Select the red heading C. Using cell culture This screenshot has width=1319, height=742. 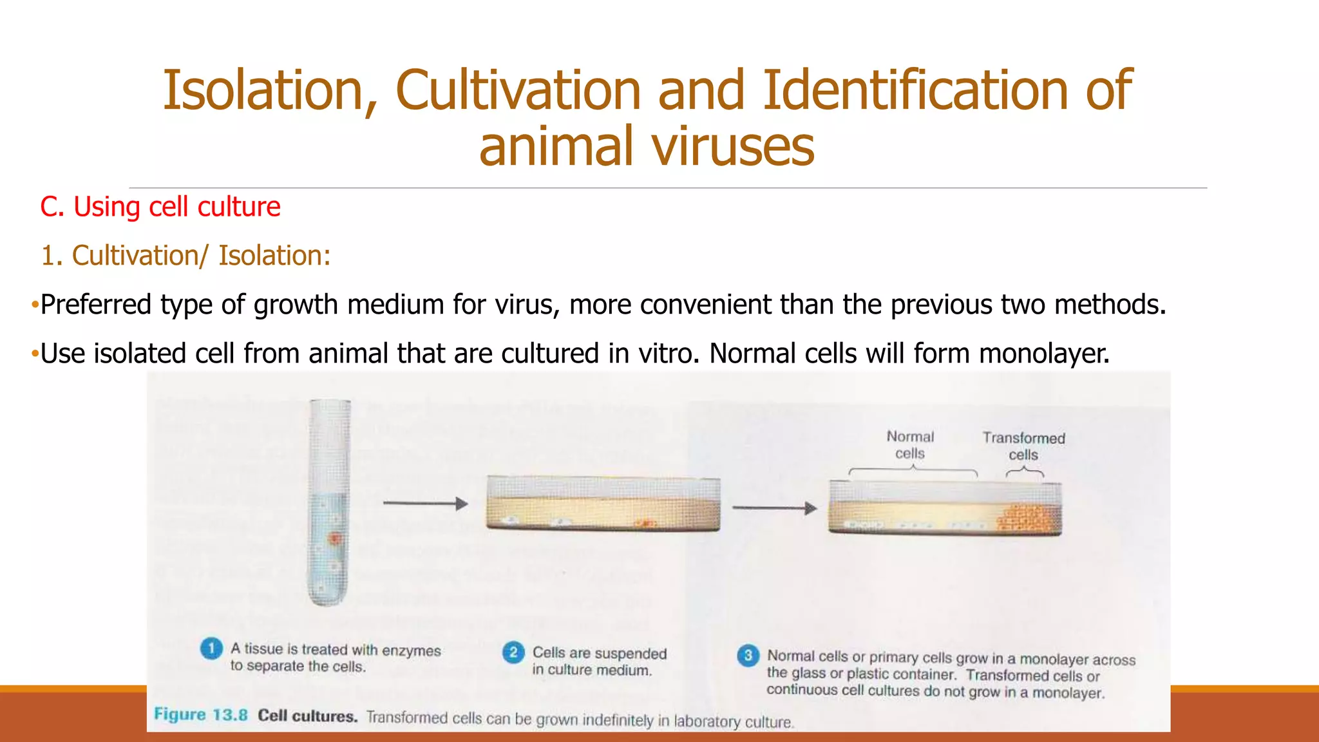[160, 207]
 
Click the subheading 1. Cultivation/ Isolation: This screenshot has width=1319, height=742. [185, 256]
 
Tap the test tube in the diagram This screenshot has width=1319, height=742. [329, 502]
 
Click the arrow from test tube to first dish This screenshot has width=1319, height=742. [425, 504]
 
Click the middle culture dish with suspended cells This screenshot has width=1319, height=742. [603, 504]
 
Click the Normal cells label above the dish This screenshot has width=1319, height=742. [910, 445]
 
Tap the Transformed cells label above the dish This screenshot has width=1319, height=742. [1023, 446]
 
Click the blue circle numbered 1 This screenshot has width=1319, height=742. [211, 649]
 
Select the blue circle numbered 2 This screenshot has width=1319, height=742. [513, 652]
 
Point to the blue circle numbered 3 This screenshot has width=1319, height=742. [748, 656]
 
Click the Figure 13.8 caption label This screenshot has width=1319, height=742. [200, 715]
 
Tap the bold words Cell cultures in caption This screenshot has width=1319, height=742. [307, 716]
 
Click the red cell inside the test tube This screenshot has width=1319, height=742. [334, 538]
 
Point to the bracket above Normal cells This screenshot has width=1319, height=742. [913, 471]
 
